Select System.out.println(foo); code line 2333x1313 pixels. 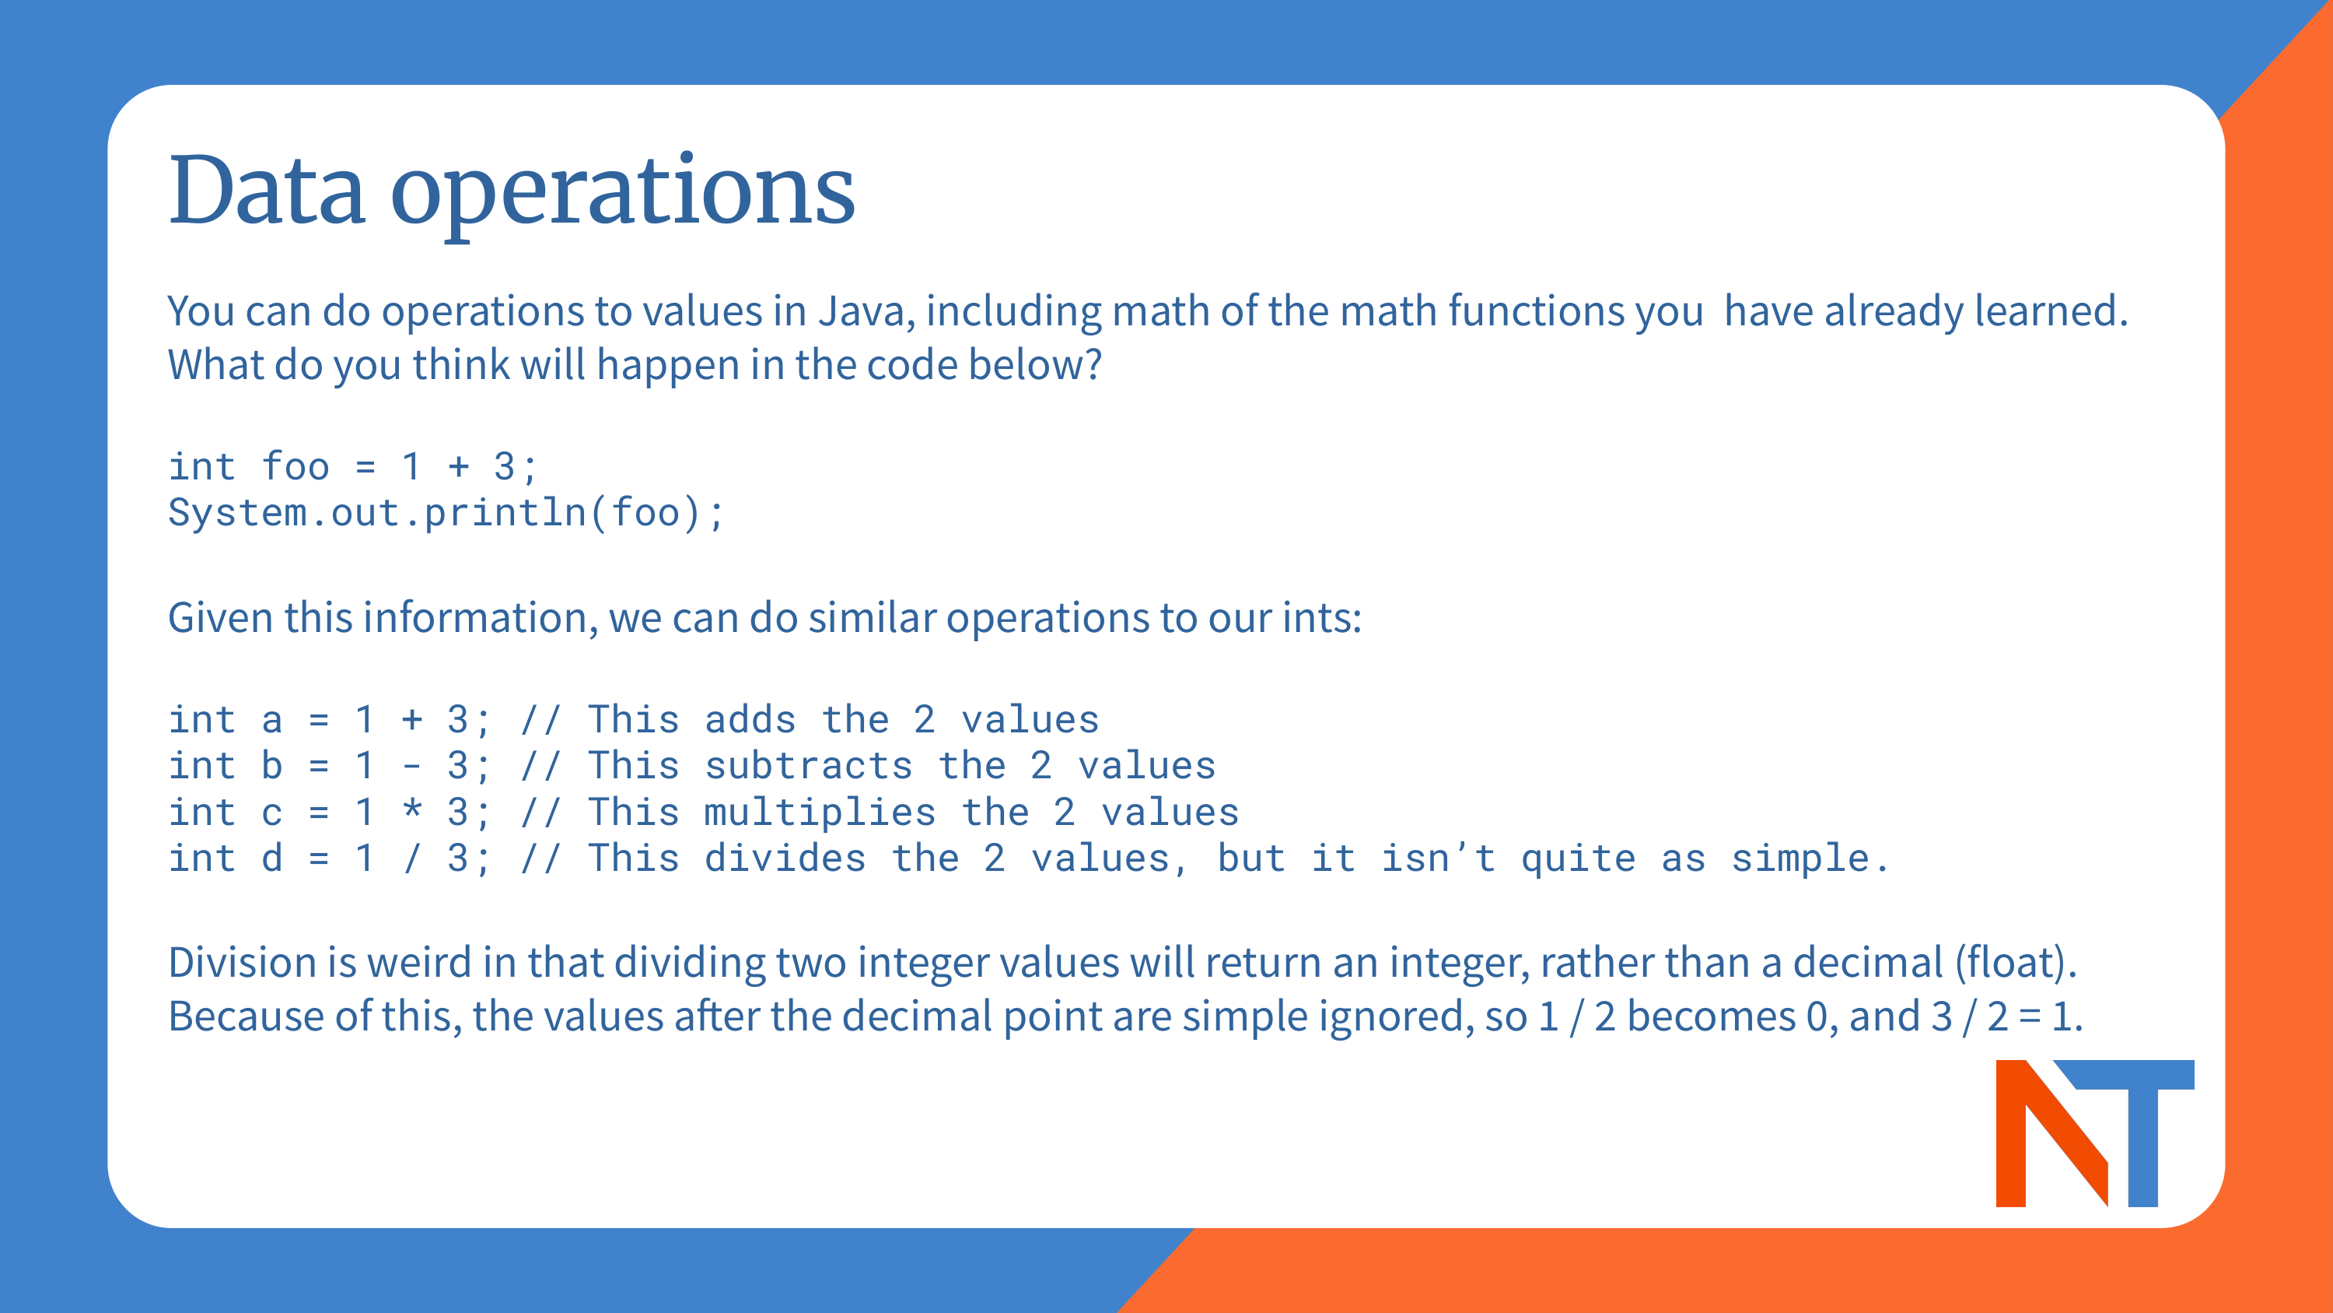point(446,513)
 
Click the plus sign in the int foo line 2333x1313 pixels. point(458,467)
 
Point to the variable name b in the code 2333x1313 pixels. point(271,766)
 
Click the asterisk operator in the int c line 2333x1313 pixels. point(412,810)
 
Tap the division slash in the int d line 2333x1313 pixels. point(412,858)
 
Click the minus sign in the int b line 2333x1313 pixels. point(412,767)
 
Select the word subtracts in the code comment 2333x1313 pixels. point(808,767)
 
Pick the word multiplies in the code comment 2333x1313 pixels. point(820,813)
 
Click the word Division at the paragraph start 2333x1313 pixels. point(243,962)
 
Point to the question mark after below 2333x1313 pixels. point(1093,364)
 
